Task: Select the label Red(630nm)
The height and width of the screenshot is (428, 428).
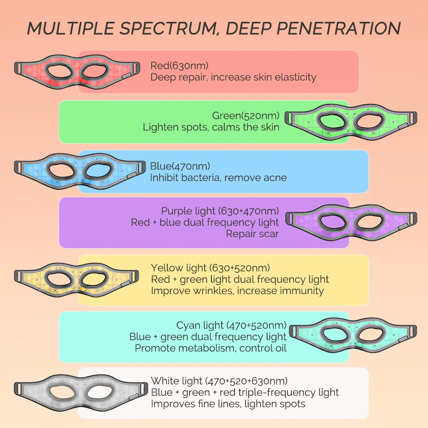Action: [x=179, y=65]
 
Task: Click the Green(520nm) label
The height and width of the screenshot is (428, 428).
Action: [x=246, y=116]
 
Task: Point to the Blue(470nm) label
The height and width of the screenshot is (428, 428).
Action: [x=180, y=166]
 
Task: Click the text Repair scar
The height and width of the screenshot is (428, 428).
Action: [x=252, y=234]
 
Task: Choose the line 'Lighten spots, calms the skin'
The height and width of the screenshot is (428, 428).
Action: [x=211, y=127]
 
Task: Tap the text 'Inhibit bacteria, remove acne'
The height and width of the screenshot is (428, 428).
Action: [x=218, y=178]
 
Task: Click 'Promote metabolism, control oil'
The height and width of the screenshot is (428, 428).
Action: [x=211, y=348]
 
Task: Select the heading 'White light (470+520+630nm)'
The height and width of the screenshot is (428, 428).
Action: [x=219, y=380]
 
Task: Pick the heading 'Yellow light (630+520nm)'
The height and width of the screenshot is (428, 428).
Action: [x=210, y=268]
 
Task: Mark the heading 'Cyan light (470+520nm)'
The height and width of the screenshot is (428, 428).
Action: [x=231, y=326]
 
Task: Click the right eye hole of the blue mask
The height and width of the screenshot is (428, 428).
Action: [x=98, y=171]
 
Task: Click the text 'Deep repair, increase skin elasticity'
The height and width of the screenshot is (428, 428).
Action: [x=233, y=77]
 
